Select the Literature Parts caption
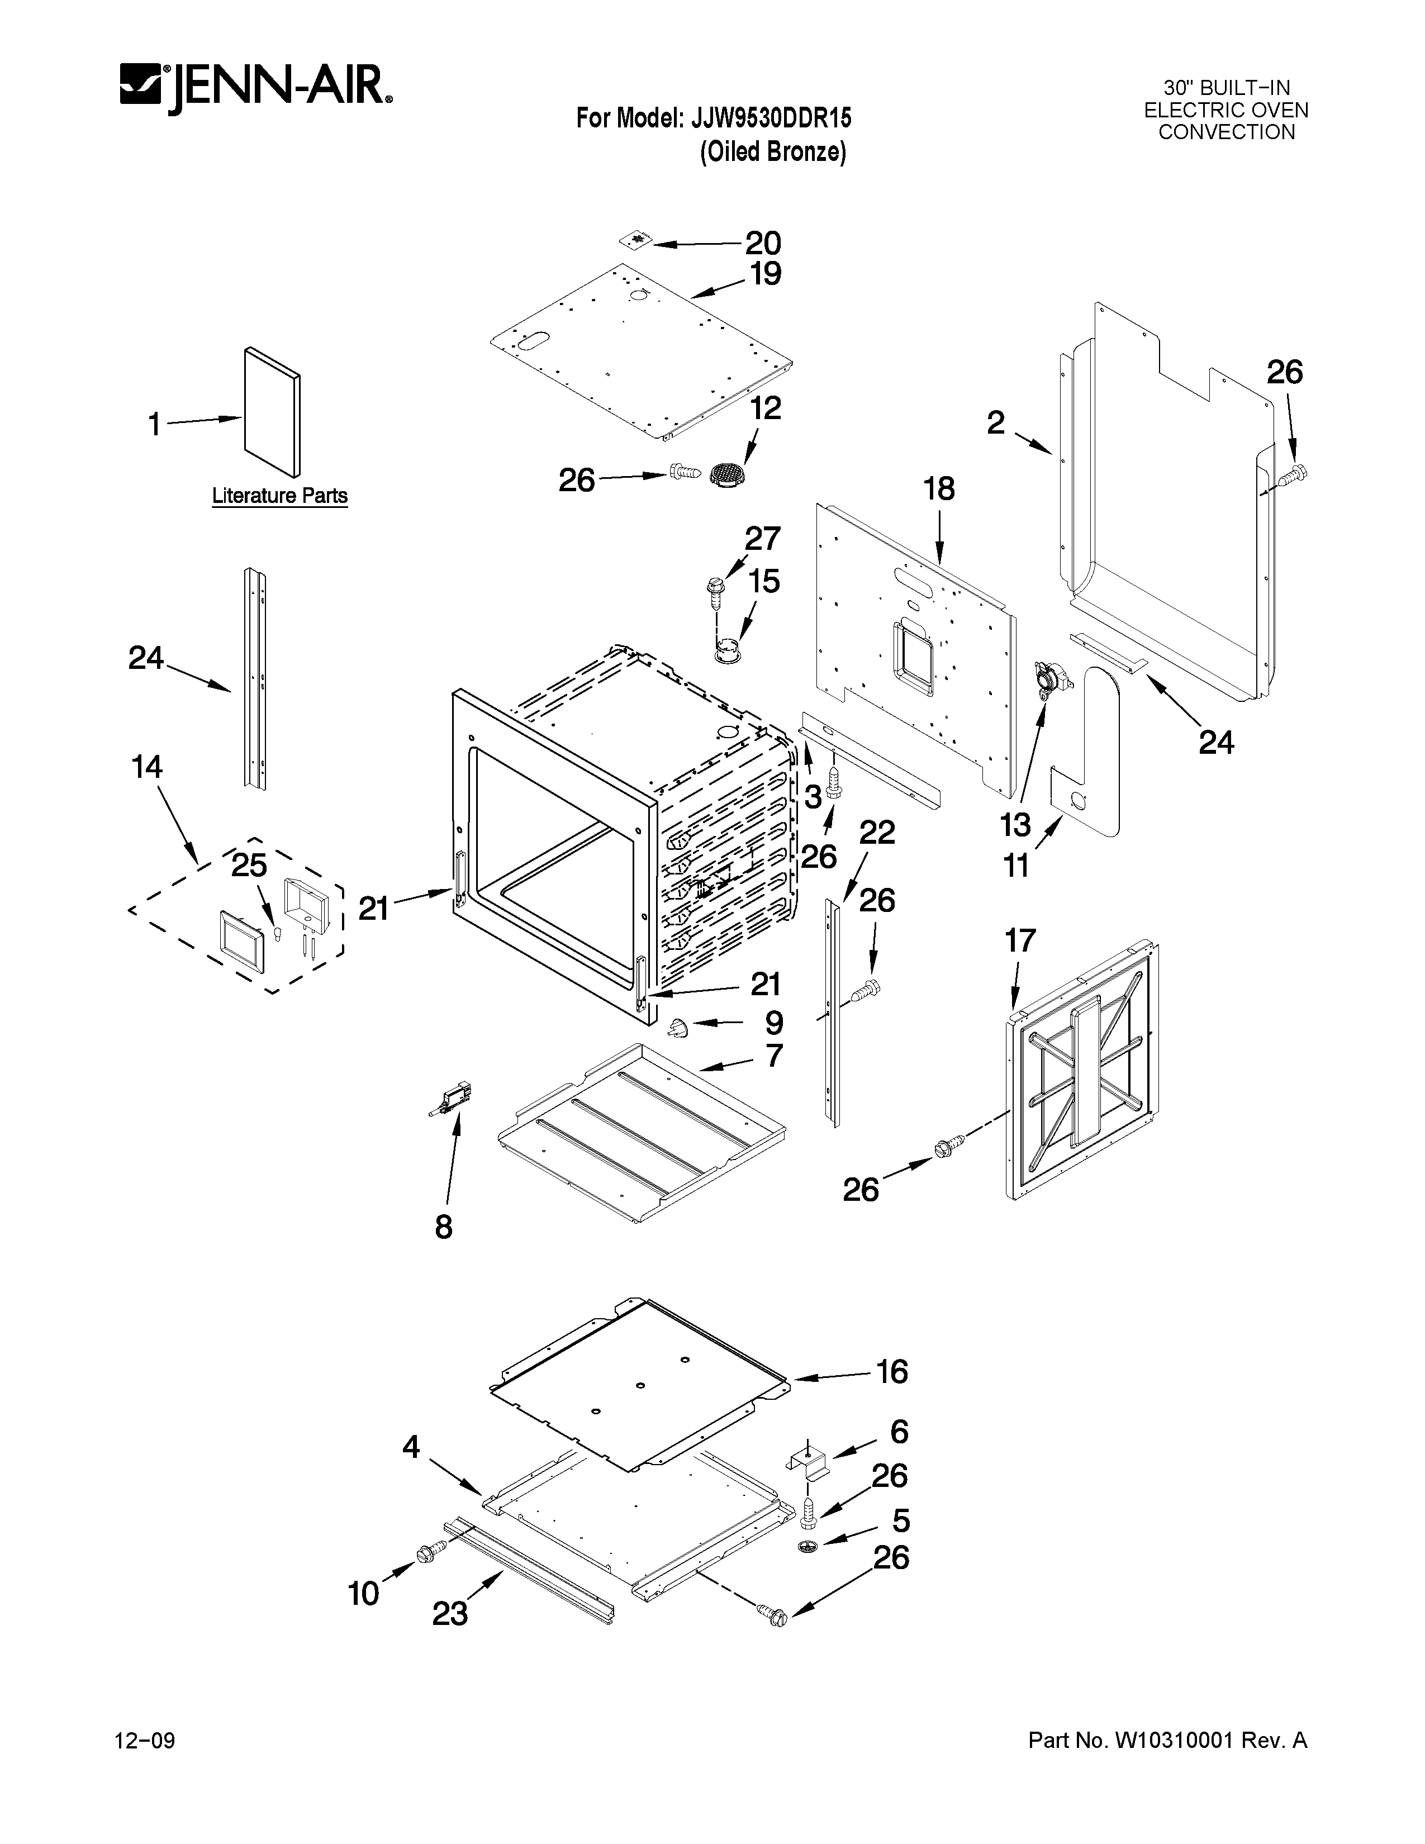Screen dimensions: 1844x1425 (x=279, y=496)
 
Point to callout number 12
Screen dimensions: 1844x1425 (x=766, y=408)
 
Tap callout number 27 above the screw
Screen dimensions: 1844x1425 (x=762, y=538)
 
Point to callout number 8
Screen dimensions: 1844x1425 (x=444, y=1227)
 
